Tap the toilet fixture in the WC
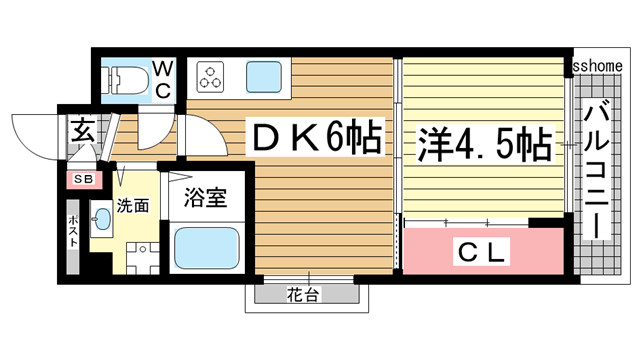[x=124, y=77]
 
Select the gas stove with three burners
[x=213, y=76]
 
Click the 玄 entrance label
[x=81, y=130]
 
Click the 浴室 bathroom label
[x=207, y=199]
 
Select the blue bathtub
[x=206, y=248]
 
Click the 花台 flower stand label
[x=304, y=294]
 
